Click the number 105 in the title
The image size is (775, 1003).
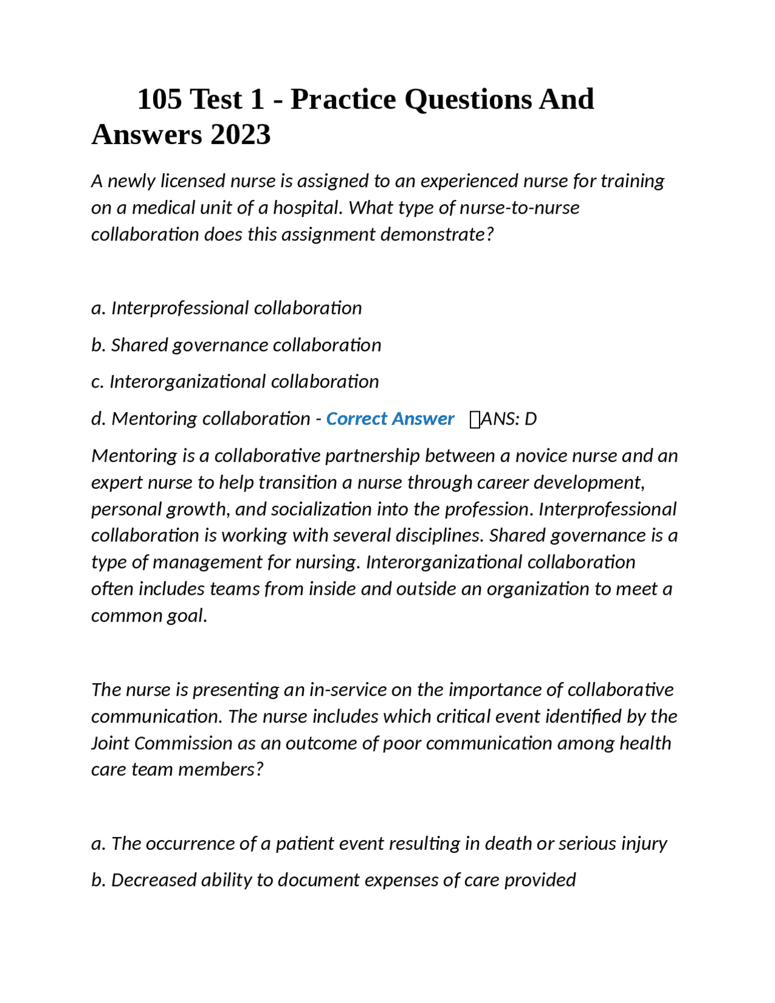click(x=159, y=99)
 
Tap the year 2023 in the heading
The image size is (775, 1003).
click(x=240, y=134)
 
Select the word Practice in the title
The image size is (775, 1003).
click(x=343, y=99)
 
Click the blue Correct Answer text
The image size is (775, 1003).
click(x=390, y=419)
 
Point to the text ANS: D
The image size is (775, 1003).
click(x=509, y=419)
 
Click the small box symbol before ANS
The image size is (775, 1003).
click(x=475, y=419)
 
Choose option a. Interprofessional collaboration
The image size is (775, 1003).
click(x=226, y=308)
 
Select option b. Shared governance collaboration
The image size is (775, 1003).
click(x=236, y=345)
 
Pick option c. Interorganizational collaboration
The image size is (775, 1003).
click(x=235, y=382)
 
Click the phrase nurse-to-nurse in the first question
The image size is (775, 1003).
click(x=519, y=208)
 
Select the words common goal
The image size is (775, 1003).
click(x=149, y=615)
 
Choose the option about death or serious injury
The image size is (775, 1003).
click(x=379, y=843)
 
